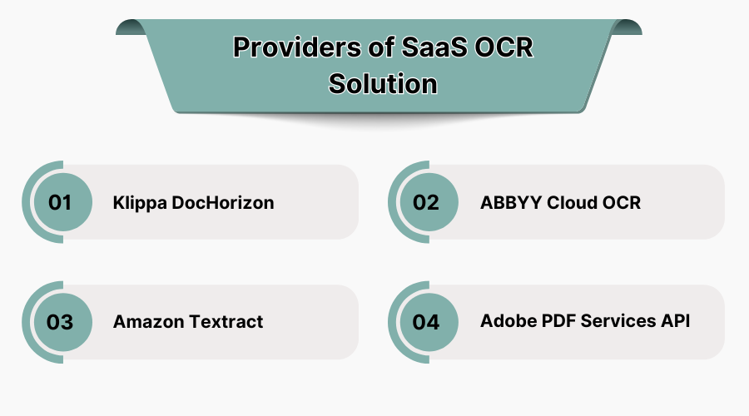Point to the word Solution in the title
click(x=383, y=84)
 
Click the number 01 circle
click(x=60, y=202)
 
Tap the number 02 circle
click(x=426, y=202)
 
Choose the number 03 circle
click(x=60, y=322)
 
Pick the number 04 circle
click(x=426, y=322)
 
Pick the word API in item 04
click(x=676, y=321)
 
